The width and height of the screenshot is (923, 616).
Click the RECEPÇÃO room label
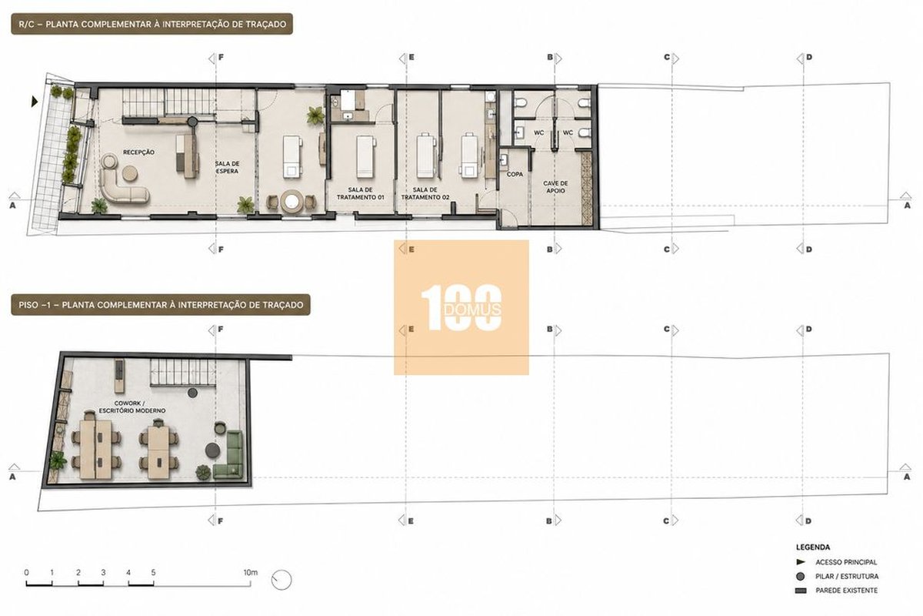tap(138, 152)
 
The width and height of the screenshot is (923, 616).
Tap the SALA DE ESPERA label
tap(227, 167)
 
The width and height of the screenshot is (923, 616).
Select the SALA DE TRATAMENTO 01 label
tap(360, 193)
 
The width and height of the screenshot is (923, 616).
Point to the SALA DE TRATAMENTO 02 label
tap(425, 193)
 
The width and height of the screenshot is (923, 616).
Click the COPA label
tap(515, 174)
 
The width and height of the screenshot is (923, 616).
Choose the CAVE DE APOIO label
tap(555, 187)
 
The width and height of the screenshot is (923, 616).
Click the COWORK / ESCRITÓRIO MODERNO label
tap(132, 407)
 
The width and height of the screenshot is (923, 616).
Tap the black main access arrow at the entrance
tap(35, 102)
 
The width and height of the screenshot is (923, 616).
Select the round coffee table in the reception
tap(129, 173)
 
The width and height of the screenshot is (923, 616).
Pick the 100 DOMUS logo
tap(461, 307)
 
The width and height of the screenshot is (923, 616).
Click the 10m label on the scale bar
tap(250, 572)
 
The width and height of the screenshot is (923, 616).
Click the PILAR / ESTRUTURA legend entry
tap(838, 577)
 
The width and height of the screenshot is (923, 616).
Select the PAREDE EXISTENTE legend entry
tap(837, 591)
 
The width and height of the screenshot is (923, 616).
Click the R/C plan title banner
tap(152, 24)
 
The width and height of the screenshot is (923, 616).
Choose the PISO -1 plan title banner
tap(161, 305)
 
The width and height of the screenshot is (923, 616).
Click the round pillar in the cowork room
tap(192, 393)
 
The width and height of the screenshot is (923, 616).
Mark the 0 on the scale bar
tap(27, 573)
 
